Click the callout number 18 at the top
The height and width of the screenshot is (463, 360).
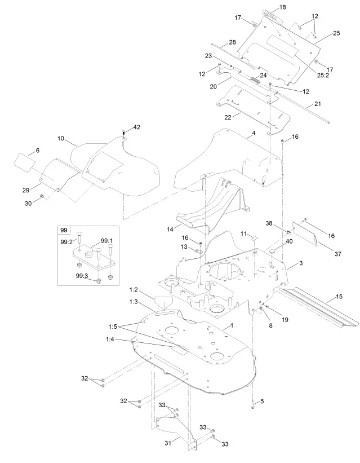282,7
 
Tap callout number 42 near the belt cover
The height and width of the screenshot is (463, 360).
136,127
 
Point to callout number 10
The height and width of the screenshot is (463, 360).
61,138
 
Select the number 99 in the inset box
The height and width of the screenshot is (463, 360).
63,231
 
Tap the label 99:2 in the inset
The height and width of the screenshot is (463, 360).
66,242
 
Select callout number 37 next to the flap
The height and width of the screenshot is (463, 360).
338,254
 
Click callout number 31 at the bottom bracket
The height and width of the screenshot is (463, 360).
167,444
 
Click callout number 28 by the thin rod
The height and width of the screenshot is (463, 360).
232,42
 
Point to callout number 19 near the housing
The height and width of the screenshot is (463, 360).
285,319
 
